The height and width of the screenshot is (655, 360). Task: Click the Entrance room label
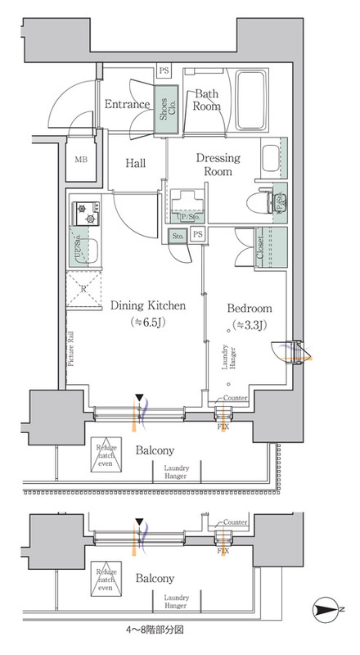pyautogui.click(x=127, y=104)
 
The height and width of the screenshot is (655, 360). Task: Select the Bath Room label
pyautogui.click(x=207, y=100)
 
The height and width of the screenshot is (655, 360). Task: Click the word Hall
pyautogui.click(x=135, y=164)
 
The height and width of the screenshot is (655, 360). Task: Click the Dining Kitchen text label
pyautogui.click(x=148, y=305)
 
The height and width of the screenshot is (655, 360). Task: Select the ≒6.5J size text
pyautogui.click(x=148, y=322)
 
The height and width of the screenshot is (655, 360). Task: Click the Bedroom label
pyautogui.click(x=249, y=309)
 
